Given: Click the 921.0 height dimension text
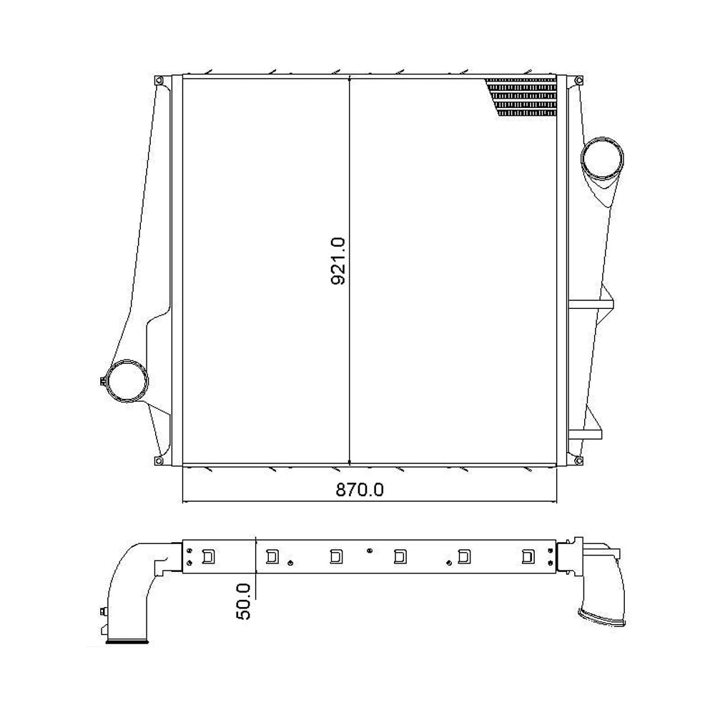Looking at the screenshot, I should tap(338, 262).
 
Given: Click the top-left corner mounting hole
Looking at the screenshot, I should tap(160, 80).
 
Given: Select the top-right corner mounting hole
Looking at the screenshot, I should tap(573, 80).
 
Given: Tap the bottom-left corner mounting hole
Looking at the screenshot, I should tap(160, 460).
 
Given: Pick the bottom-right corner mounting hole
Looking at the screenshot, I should tap(573, 460).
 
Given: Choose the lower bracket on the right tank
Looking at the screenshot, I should tap(586, 433).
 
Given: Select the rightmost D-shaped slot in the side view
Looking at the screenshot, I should tap(528, 556).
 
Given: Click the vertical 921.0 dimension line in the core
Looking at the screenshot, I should tap(348, 179).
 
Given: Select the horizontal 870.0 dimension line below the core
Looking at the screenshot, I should tap(286, 501).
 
